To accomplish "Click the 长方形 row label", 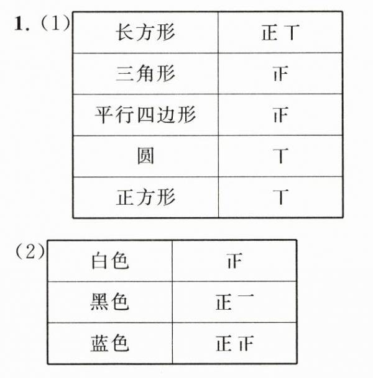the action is (146, 32).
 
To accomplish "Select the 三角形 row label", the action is (146, 74).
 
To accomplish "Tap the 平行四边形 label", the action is (146, 115).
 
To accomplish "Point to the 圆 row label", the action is (146, 156).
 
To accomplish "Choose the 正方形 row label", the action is (146, 197).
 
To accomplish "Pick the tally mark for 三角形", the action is (280, 74).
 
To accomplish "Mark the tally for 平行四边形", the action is (280, 115).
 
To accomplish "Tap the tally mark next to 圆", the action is (280, 156).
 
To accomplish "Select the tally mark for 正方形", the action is (280, 197).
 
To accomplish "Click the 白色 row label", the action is (110, 261).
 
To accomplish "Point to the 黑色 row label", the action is (110, 302).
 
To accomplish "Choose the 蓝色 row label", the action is (110, 343).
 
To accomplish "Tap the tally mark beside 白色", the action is (234, 261).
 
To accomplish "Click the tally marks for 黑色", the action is (234, 302).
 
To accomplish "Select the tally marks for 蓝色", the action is (234, 343).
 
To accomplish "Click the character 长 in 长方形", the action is (125, 32).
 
